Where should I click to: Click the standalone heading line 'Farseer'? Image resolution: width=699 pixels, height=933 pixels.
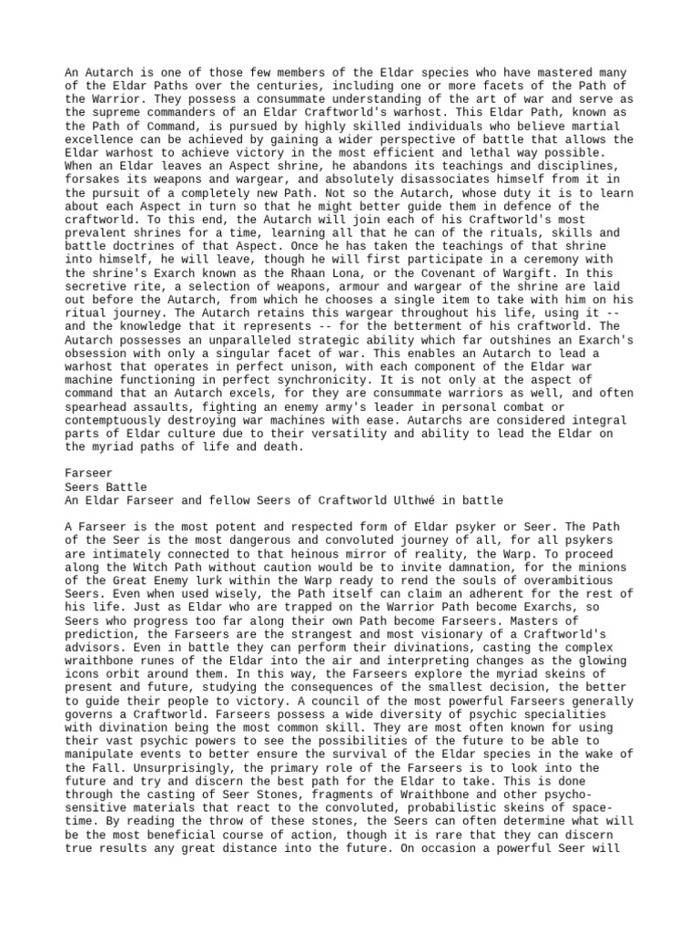point(89,474)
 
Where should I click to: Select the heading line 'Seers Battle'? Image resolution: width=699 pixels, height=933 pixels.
point(106,487)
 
